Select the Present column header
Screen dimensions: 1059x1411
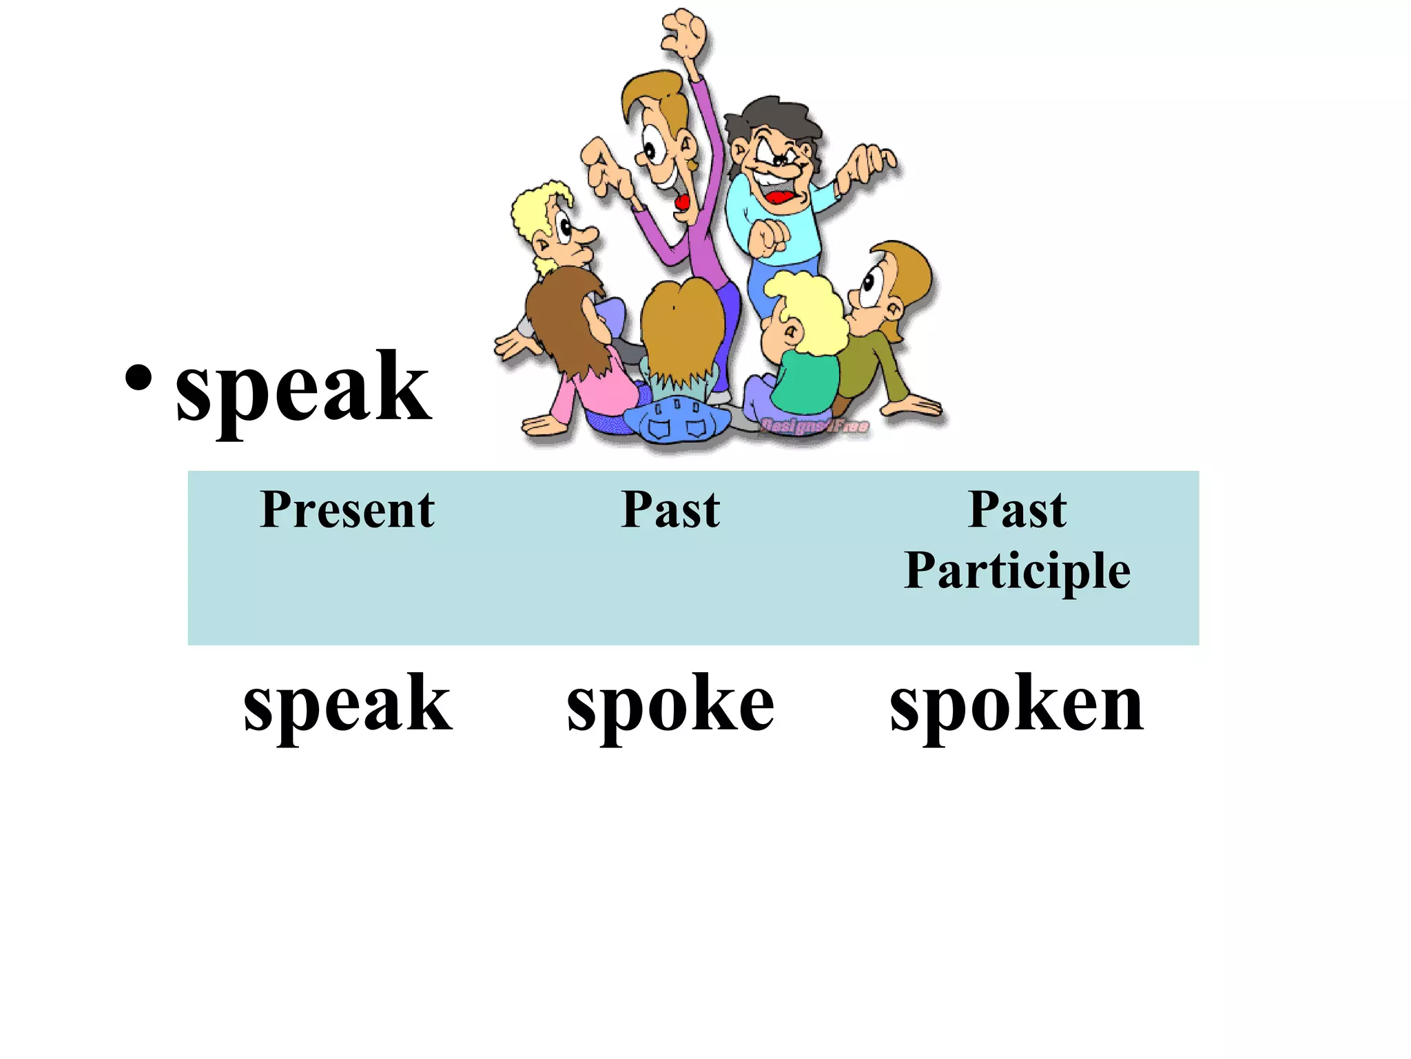(x=347, y=510)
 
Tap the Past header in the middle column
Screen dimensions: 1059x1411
(x=670, y=510)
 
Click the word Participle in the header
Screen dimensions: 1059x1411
(x=1017, y=570)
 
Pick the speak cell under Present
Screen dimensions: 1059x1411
(x=348, y=704)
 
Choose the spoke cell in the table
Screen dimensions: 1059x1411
(x=670, y=704)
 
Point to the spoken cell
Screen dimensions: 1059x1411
(x=1017, y=704)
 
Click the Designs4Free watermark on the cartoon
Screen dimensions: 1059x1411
(x=814, y=426)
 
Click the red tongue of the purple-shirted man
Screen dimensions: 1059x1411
(x=682, y=202)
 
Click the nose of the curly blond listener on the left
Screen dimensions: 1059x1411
(x=589, y=235)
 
